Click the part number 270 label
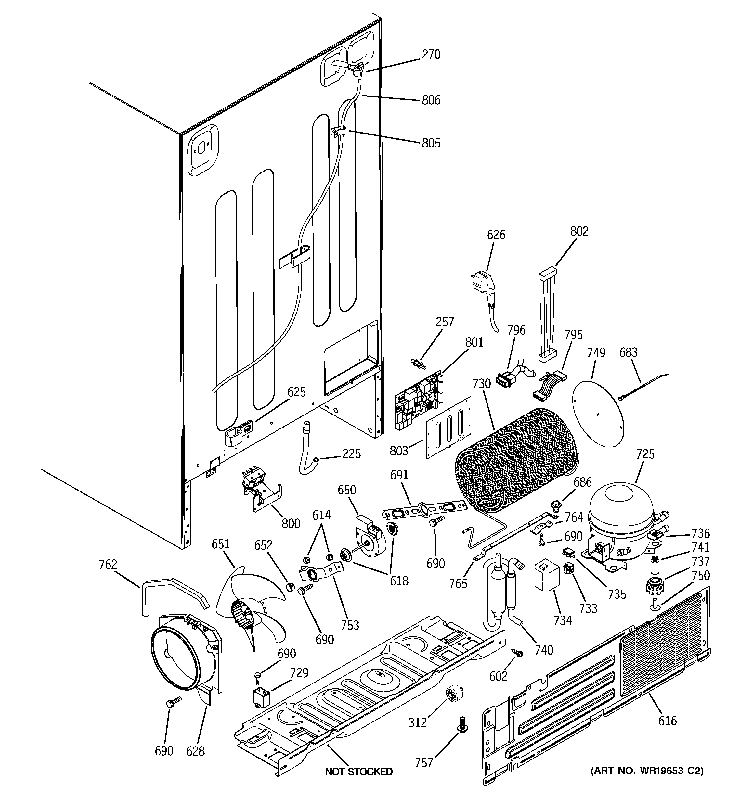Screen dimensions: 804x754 [431, 54]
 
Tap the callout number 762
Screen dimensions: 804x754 [108, 564]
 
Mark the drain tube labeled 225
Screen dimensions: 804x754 [309, 449]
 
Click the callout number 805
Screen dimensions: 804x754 [431, 143]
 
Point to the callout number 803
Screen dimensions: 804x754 [399, 451]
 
